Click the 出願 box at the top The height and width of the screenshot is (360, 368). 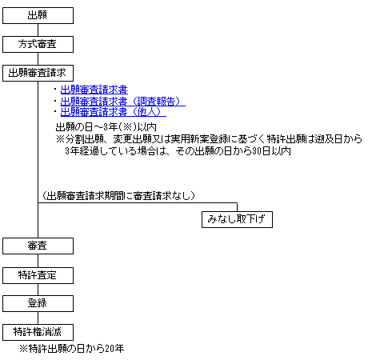[x=38, y=15]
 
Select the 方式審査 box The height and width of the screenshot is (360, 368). [x=38, y=44]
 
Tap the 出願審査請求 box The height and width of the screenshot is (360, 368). [x=38, y=73]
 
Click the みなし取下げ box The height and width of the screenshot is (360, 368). [x=237, y=219]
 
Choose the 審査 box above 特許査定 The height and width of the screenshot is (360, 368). [x=38, y=246]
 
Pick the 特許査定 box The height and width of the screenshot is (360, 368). [x=38, y=275]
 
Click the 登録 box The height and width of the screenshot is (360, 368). [x=38, y=303]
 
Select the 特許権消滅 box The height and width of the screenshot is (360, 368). [x=38, y=332]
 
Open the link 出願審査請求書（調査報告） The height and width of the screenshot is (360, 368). [x=123, y=102]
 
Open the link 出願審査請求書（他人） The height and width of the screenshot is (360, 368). [x=114, y=112]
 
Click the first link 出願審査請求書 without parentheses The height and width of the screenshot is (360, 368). [x=94, y=90]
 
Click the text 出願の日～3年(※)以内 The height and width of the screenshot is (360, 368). [x=106, y=127]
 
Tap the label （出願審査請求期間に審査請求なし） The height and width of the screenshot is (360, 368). [x=118, y=196]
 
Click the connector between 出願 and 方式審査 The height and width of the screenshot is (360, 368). [x=38, y=30]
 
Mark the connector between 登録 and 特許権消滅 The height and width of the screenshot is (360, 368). [x=38, y=318]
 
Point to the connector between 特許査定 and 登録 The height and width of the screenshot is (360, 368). [x=38, y=290]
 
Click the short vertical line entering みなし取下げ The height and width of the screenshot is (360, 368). [x=237, y=207]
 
